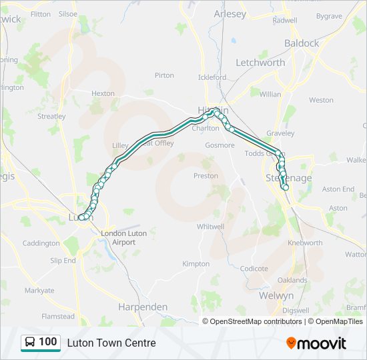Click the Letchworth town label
260,63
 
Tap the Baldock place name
302,43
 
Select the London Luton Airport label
118,238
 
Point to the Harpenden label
143,307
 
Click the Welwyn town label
276,295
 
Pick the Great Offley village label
155,143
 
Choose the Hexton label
103,93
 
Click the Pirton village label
164,75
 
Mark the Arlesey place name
230,13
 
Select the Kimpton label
196,264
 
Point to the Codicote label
254,269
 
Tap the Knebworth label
305,243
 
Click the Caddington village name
41,243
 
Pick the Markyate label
39,291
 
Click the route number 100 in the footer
47,342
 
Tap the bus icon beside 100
30,343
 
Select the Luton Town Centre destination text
111,343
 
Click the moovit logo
316,343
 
